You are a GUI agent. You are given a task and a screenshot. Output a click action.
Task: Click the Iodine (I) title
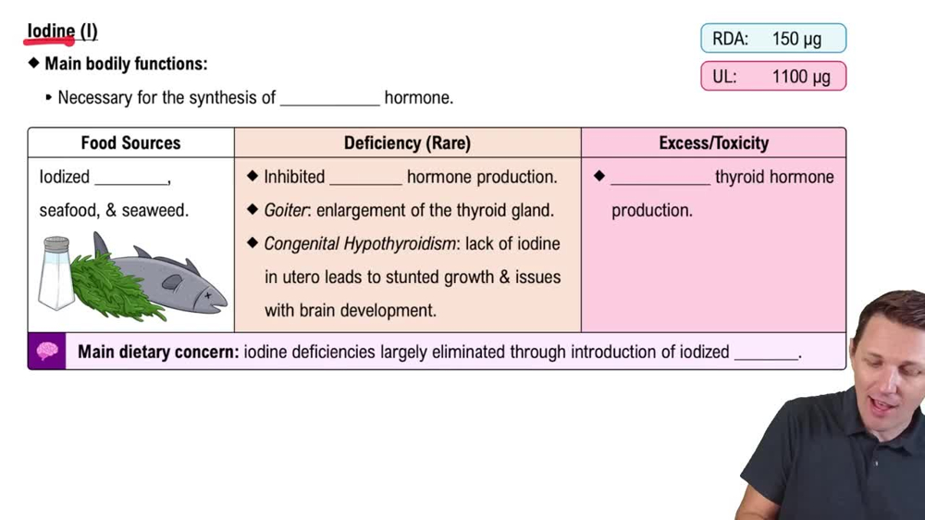(62, 31)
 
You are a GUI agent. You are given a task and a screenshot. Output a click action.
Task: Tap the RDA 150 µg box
(773, 39)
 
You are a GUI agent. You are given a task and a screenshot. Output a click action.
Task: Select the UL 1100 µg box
(773, 77)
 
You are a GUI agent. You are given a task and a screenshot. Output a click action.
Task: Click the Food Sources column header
(130, 142)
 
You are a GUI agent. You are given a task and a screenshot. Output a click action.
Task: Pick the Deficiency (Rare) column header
(407, 142)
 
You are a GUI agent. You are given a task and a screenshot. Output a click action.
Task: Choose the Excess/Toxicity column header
(713, 142)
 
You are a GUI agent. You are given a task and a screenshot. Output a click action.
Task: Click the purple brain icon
(47, 352)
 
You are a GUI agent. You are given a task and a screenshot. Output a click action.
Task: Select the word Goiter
(286, 210)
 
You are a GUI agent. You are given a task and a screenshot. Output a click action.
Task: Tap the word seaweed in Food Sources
(154, 210)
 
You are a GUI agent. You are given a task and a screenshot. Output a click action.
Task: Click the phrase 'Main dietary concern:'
(158, 352)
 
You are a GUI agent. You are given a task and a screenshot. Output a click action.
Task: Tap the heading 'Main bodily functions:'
(126, 64)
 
